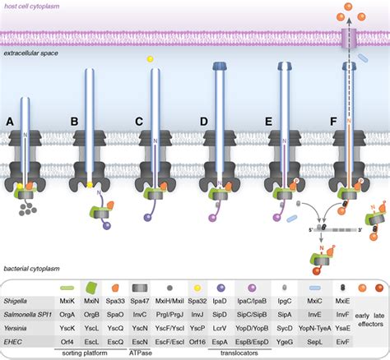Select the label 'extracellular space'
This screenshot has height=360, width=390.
[x=33, y=53]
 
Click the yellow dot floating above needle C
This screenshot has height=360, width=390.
[x=150, y=59]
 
